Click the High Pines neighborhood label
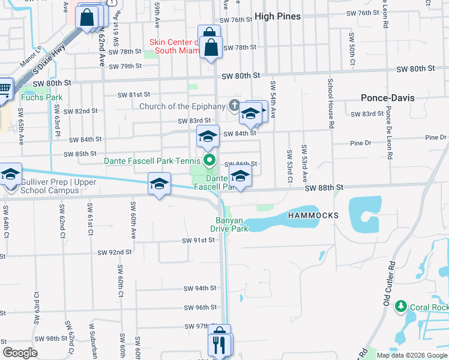pyautogui.click(x=277, y=16)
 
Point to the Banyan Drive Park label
pyautogui.click(x=229, y=224)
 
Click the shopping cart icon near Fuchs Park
pyautogui.click(x=5, y=89)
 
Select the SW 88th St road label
pyautogui.click(x=324, y=188)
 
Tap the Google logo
pyautogui.click(x=20, y=353)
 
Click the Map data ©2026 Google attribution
pyautogui.click(x=412, y=355)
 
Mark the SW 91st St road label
pyautogui.click(x=199, y=241)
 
